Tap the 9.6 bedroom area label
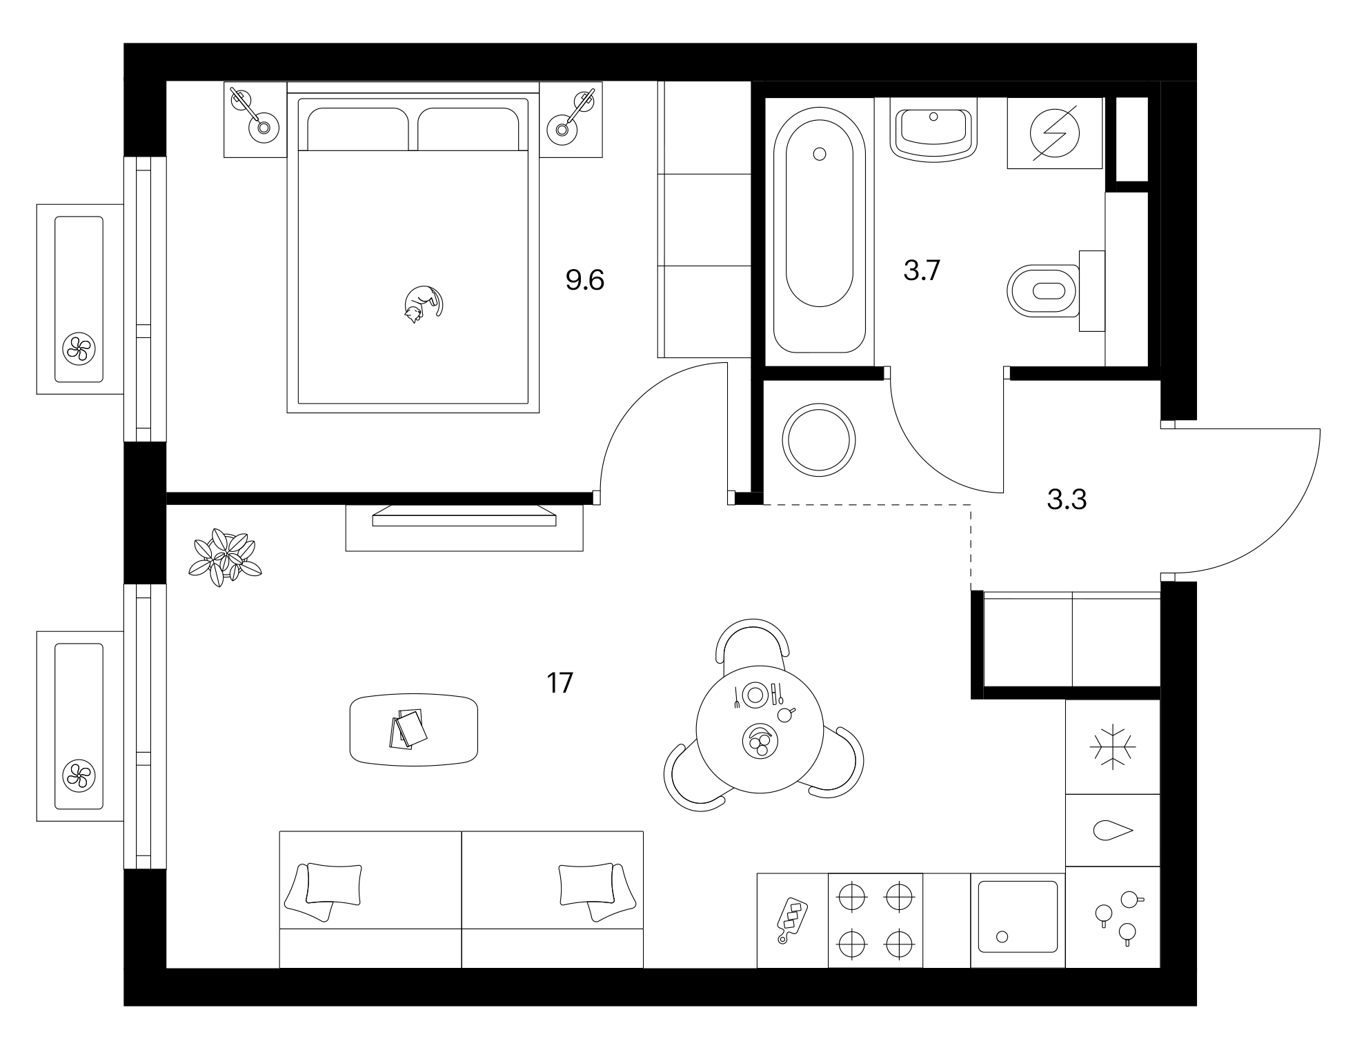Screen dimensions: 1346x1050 [x=585, y=281]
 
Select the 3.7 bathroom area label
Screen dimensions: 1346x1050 [x=922, y=271]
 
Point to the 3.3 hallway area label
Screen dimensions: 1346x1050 [x=1067, y=499]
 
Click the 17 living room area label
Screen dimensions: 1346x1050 [x=560, y=683]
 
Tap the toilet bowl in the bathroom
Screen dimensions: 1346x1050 [x=1043, y=290]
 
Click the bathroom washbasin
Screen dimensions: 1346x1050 [x=933, y=128]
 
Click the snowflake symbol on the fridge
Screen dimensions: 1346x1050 [x=1112, y=746]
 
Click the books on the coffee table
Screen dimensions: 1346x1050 [x=408, y=728]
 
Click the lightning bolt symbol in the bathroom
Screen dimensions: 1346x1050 [x=1055, y=133]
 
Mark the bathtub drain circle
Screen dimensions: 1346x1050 [x=820, y=155]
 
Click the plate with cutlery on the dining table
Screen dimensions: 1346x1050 [x=755, y=693]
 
